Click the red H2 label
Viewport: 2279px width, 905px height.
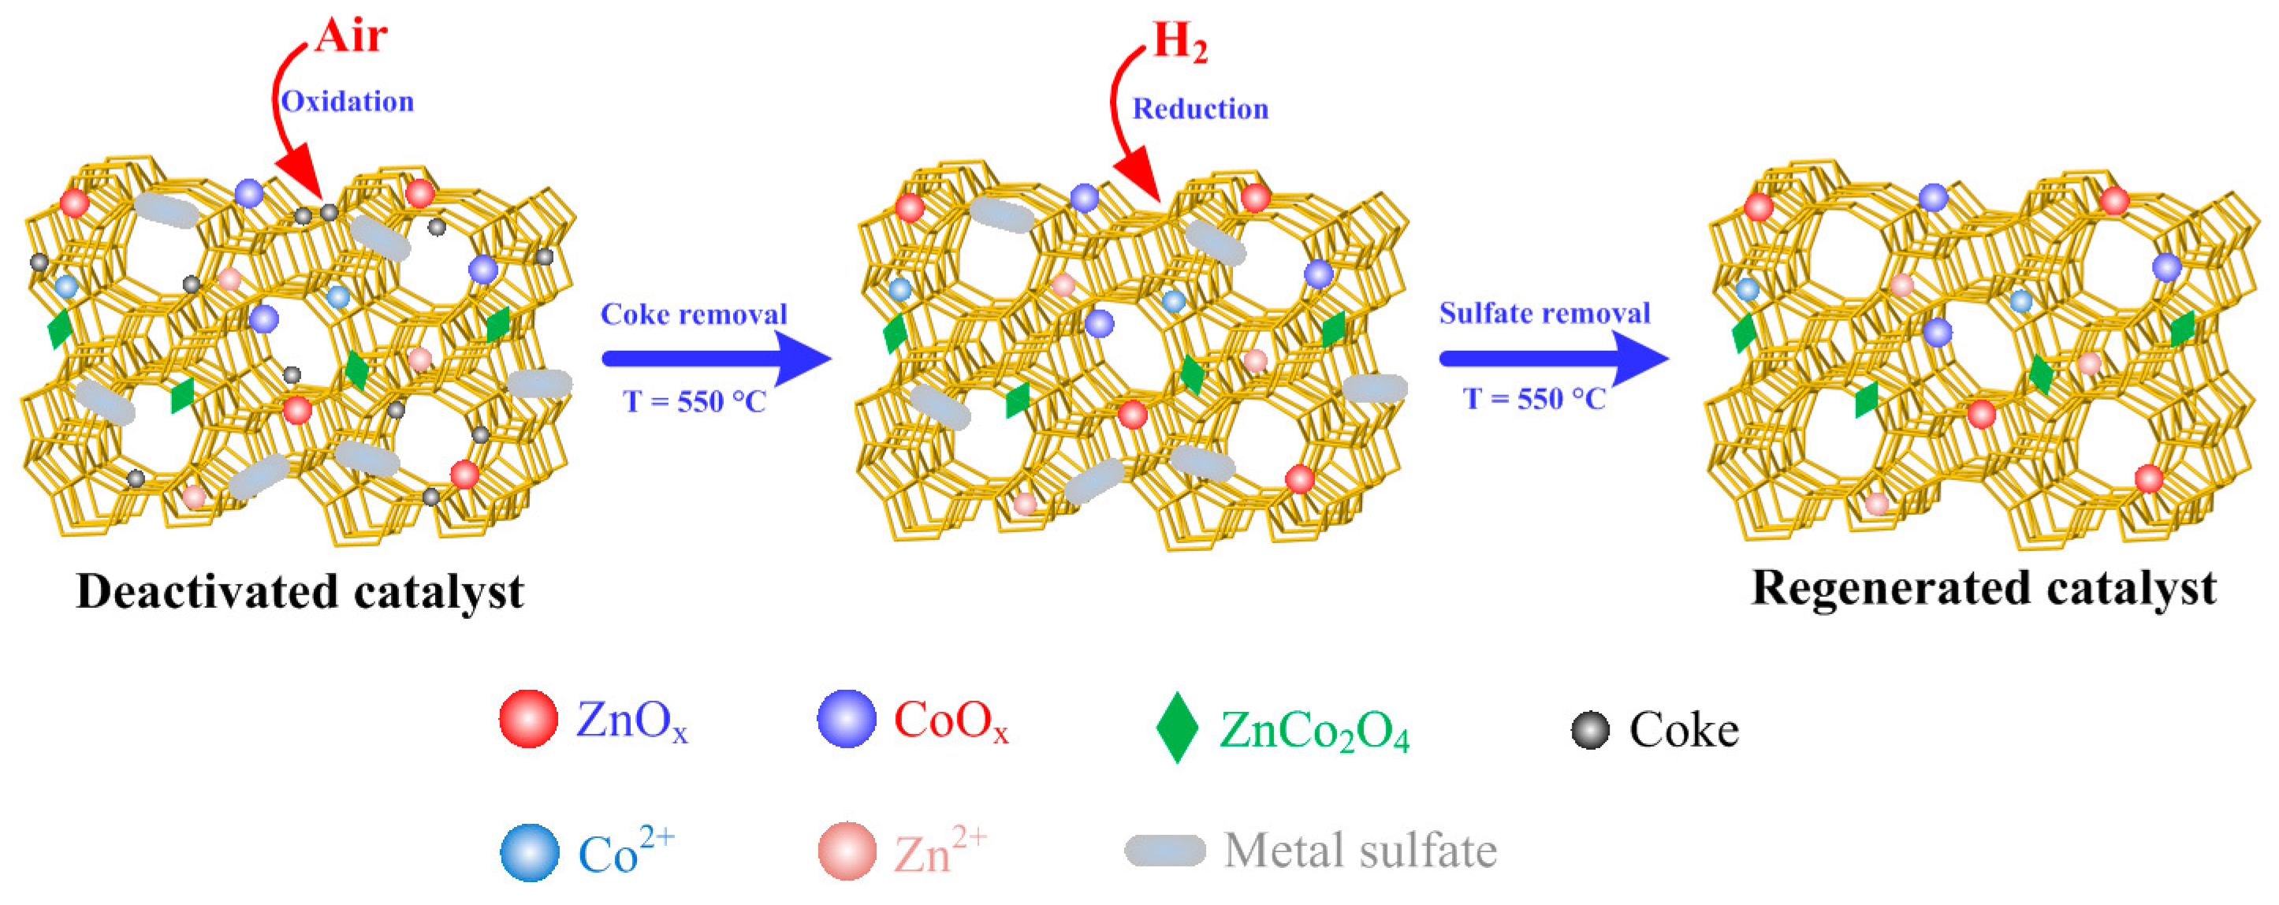(1180, 42)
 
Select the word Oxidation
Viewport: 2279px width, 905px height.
(348, 102)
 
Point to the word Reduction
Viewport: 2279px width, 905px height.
(1200, 109)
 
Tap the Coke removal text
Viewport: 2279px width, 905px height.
(694, 314)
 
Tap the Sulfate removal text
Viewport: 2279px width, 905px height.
(1544, 313)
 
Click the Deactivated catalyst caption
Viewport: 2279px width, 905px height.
(300, 591)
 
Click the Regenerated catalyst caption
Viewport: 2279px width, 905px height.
(1983, 587)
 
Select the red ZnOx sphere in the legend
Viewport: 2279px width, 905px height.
(528, 719)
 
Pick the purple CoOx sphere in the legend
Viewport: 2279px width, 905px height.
(846, 719)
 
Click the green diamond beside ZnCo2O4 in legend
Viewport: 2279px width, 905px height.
(1177, 727)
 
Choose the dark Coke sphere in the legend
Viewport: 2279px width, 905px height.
(1590, 731)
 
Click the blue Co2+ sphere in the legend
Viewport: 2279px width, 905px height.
(529, 853)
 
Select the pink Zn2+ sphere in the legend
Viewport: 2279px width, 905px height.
(847, 851)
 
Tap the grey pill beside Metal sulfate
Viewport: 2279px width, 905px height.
(1164, 850)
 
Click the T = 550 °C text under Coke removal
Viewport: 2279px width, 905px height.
(694, 401)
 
